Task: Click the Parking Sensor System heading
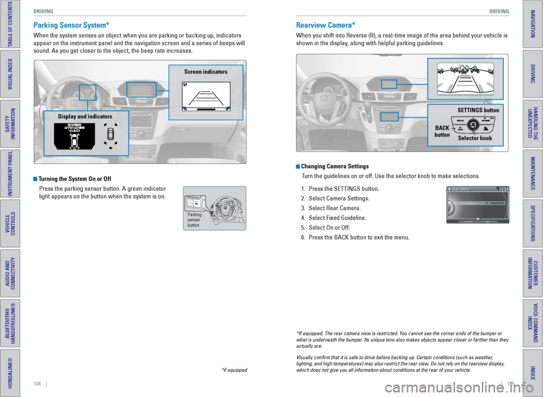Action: pos(71,25)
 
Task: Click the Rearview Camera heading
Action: pos(326,25)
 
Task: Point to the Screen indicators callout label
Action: pos(205,72)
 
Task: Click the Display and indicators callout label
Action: pos(85,116)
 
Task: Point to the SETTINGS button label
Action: pos(477,110)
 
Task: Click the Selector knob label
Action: pos(475,138)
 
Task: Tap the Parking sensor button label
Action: pos(195,220)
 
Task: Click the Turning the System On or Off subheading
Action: pos(75,179)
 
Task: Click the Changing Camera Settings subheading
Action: pos(335,167)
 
